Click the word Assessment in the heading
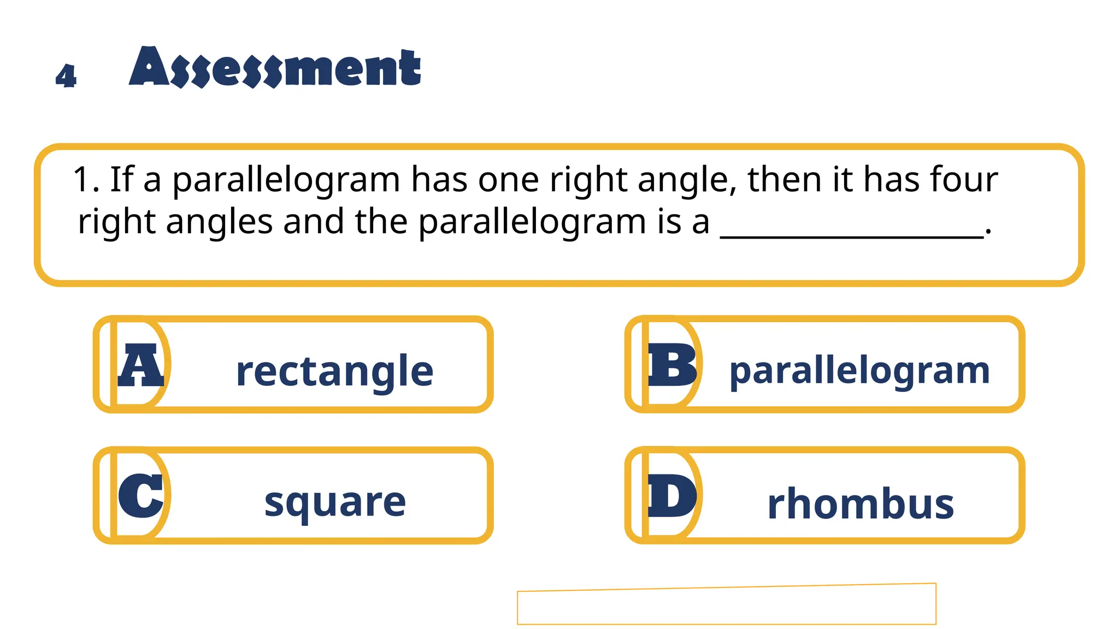(x=275, y=68)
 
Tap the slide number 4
(x=66, y=76)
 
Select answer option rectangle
(x=334, y=371)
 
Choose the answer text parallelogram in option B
(x=859, y=371)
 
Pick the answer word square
(x=335, y=502)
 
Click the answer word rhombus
(x=861, y=503)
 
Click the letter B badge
(x=672, y=364)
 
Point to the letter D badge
(x=672, y=496)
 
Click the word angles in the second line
(x=219, y=223)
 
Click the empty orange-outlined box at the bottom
(x=726, y=605)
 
